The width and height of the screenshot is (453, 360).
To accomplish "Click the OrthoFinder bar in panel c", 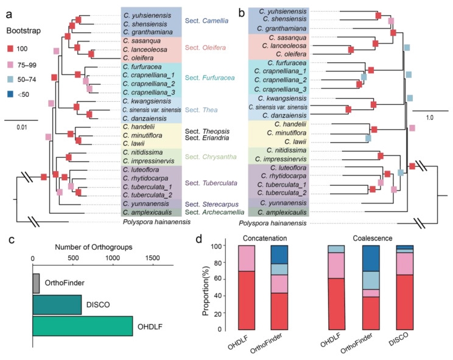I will [x=37, y=283].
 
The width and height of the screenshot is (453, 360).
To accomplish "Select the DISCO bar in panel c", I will [x=57, y=304].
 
